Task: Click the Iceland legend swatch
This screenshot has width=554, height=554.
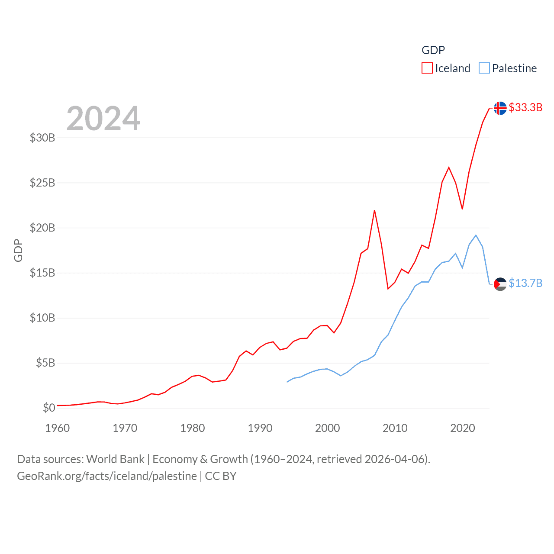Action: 427,68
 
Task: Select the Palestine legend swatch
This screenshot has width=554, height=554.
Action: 484,68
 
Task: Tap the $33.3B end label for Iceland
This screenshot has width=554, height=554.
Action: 525,107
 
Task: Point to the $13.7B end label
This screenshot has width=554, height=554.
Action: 525,283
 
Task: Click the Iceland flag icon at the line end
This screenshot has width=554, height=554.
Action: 500,108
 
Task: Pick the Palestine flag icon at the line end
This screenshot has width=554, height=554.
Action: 500,284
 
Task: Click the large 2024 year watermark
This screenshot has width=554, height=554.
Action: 103,119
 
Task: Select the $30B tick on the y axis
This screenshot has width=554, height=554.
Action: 42,138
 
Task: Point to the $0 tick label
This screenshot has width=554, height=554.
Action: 49,408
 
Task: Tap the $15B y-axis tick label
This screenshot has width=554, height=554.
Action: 42,273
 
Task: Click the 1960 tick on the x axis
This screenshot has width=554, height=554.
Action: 58,428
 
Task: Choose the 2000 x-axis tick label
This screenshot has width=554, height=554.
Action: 328,428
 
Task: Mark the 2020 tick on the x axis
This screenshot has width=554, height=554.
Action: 463,428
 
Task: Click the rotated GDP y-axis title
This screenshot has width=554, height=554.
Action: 18,250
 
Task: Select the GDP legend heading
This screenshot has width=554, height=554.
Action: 433,50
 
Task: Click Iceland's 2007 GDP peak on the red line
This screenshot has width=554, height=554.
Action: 374,211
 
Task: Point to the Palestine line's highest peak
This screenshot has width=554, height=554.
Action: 476,235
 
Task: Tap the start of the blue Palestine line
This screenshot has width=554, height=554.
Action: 287,382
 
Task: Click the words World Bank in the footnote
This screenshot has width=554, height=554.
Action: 116,459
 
